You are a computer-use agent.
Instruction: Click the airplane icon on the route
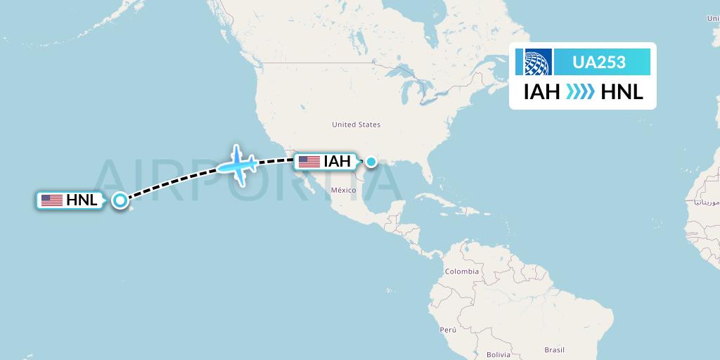click(237, 166)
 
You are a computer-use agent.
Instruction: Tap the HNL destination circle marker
click(120, 200)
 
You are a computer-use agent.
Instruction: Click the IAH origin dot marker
click(371, 162)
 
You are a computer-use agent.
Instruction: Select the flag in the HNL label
click(51, 200)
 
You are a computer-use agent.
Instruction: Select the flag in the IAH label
click(309, 162)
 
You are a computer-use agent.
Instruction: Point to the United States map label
click(356, 124)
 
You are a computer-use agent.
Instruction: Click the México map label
click(345, 190)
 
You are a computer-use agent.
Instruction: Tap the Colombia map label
click(461, 271)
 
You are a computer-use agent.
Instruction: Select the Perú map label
click(449, 329)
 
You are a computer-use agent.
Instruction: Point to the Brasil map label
click(555, 349)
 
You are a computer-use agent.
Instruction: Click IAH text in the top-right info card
click(541, 91)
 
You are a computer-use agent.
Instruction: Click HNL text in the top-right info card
click(622, 91)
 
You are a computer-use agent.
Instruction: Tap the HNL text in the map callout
click(82, 200)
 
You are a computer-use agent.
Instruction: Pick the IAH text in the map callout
click(337, 162)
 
